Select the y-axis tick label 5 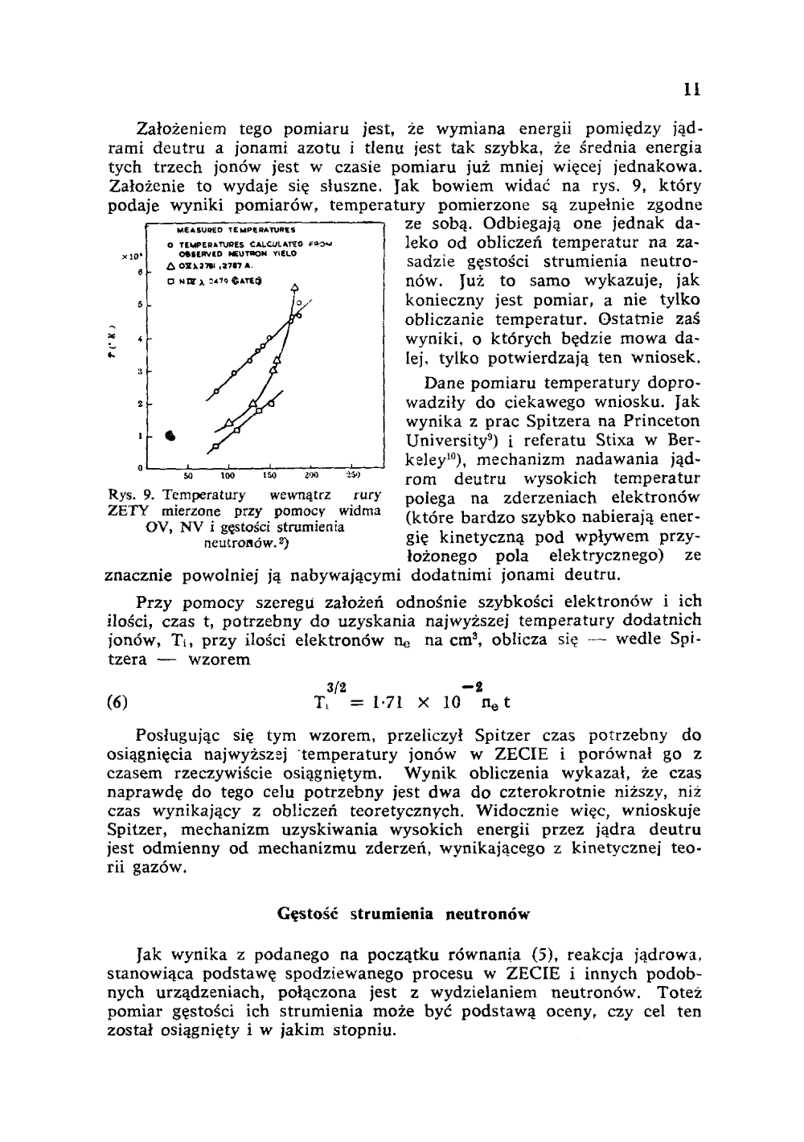pyautogui.click(x=141, y=305)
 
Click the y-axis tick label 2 pyautogui.click(x=141, y=402)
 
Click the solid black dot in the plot pyautogui.click(x=170, y=434)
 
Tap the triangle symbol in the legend pyautogui.click(x=170, y=264)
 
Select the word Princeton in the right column pyautogui.click(x=651, y=421)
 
